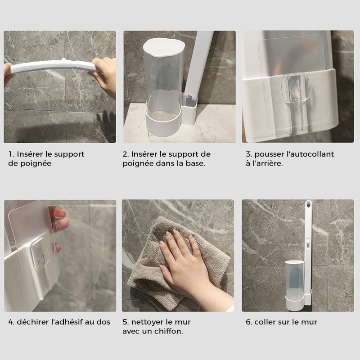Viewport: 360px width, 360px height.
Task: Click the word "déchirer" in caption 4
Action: click(33, 322)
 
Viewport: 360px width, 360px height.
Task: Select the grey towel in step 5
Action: click(148, 252)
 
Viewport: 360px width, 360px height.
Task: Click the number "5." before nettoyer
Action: click(126, 322)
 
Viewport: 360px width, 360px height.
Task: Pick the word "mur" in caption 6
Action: click(310, 322)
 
